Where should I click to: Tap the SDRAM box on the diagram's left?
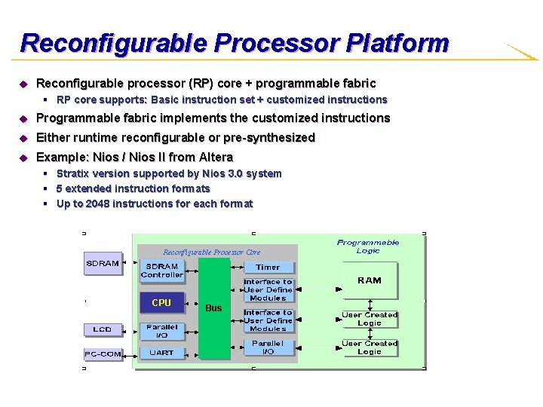103,264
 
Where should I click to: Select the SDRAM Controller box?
162,271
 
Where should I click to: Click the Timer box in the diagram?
268,267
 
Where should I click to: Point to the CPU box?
161,303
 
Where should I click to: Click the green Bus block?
213,308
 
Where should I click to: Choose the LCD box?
103,329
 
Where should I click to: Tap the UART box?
161,352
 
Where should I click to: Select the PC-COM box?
103,353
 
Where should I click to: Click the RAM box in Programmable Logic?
370,280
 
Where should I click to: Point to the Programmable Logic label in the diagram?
368,246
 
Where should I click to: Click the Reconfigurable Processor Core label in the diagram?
211,252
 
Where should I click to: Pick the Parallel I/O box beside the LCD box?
161,331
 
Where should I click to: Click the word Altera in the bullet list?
216,157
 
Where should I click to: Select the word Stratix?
73,173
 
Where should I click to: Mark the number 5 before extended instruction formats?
60,188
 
